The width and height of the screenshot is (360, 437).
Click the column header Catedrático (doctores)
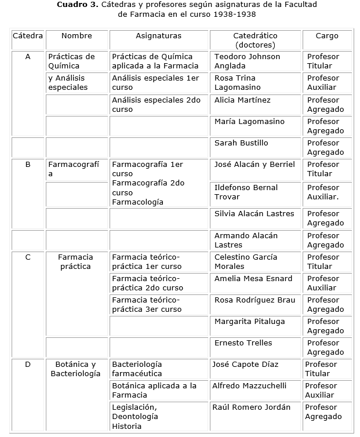[255, 40]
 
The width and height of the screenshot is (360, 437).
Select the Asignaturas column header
[158, 36]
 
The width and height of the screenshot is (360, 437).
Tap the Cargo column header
[326, 36]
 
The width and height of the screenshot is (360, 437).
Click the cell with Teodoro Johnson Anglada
[247, 61]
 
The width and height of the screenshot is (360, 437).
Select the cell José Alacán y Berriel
[254, 165]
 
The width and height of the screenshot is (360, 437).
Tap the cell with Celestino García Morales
[246, 262]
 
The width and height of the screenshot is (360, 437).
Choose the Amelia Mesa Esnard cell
[253, 279]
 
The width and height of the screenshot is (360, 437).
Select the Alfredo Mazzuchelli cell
[249, 386]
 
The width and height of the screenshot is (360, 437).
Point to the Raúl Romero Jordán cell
[251, 407]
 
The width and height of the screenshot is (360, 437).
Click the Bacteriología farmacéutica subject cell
[137, 369]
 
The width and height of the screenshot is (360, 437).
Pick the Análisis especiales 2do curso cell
[156, 105]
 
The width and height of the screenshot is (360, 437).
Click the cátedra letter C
[28, 257]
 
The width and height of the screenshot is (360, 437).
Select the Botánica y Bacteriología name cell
[75, 369]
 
